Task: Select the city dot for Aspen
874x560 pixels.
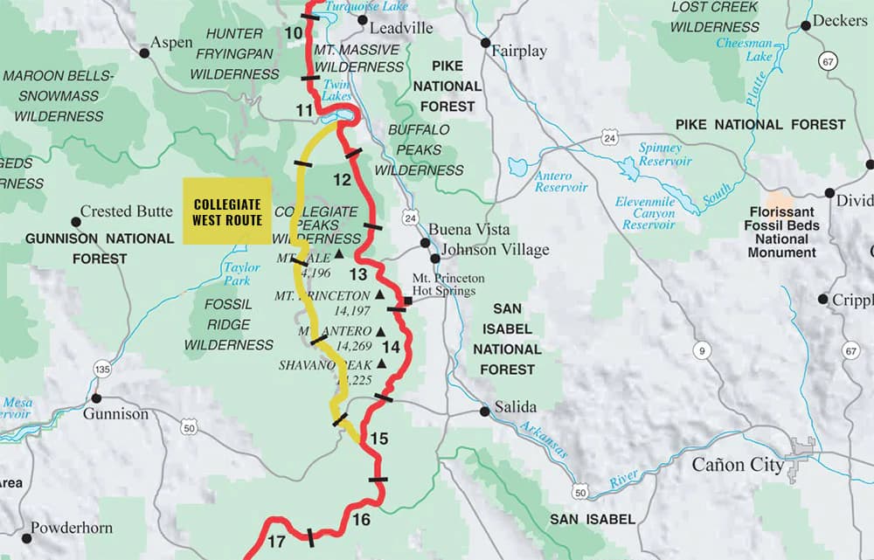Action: pyautogui.click(x=145, y=53)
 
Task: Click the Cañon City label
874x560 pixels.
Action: pyautogui.click(x=738, y=465)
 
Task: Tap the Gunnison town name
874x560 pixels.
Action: pyautogui.click(x=115, y=413)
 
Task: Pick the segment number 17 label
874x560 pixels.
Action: pyautogui.click(x=276, y=542)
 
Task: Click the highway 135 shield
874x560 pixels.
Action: pyautogui.click(x=102, y=370)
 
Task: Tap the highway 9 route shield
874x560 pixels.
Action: pyautogui.click(x=699, y=352)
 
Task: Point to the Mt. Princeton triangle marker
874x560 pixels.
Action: pyautogui.click(x=379, y=295)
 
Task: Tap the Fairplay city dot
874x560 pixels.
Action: pyautogui.click(x=485, y=42)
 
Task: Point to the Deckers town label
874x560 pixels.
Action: pyautogui.click(x=841, y=20)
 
